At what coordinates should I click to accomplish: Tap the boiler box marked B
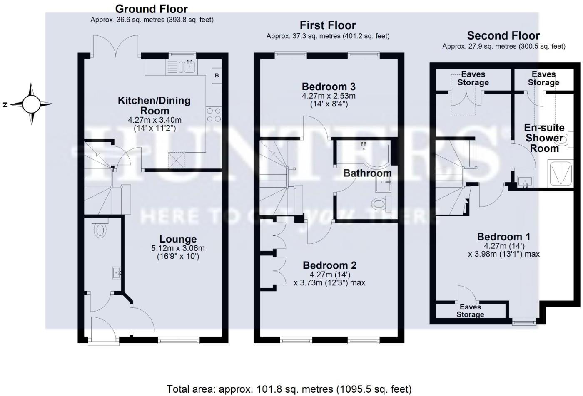[217, 76]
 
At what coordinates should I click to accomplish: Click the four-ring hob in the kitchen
[214, 115]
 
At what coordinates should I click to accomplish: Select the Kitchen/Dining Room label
[154, 105]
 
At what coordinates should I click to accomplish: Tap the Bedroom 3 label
[329, 87]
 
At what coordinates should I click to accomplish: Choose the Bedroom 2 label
[329, 265]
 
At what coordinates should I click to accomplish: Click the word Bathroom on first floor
[367, 173]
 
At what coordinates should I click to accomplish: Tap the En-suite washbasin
[525, 182]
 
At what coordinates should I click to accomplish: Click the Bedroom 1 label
[503, 237]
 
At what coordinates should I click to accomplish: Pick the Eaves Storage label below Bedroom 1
[470, 311]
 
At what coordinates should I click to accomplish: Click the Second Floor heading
[503, 36]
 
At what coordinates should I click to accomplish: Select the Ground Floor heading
[151, 9]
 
